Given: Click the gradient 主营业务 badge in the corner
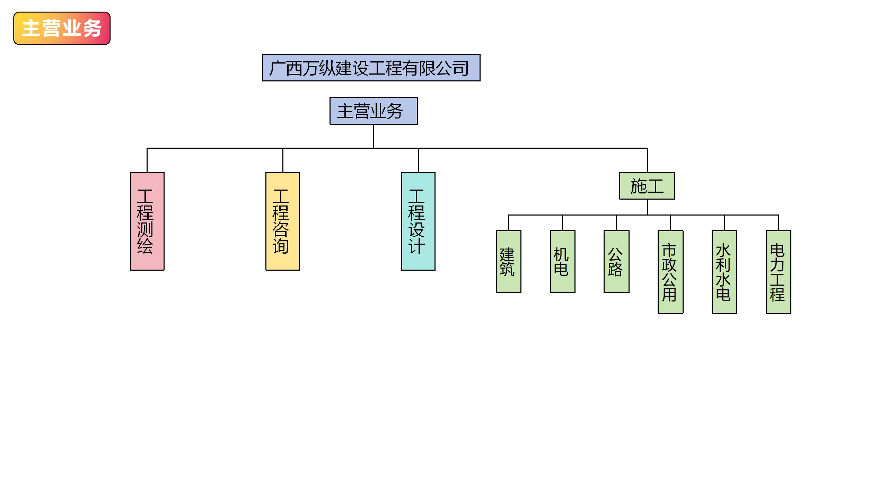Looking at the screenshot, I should tap(62, 28).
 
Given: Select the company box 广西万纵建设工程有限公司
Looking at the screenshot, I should tap(371, 68).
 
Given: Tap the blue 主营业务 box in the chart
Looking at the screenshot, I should tap(374, 111).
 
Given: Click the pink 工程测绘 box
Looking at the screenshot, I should tap(147, 221).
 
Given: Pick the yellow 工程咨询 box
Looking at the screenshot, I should tap(282, 221).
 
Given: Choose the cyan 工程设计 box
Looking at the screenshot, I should tap(418, 221).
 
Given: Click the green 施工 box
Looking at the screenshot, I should tap(647, 186).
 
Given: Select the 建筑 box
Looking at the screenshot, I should tap(508, 262).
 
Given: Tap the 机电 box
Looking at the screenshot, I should tap(562, 262).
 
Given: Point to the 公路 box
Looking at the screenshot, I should tap(616, 262).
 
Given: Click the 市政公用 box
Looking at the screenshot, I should tap(670, 272).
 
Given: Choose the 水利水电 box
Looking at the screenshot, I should tap(724, 272).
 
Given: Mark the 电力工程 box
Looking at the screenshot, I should tap(778, 272).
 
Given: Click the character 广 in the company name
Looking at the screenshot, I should tap(277, 68).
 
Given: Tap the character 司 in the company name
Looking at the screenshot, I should tap(461, 68).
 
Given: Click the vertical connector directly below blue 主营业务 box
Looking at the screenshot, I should tap(374, 136).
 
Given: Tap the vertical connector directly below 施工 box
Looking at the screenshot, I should tap(647, 207).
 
